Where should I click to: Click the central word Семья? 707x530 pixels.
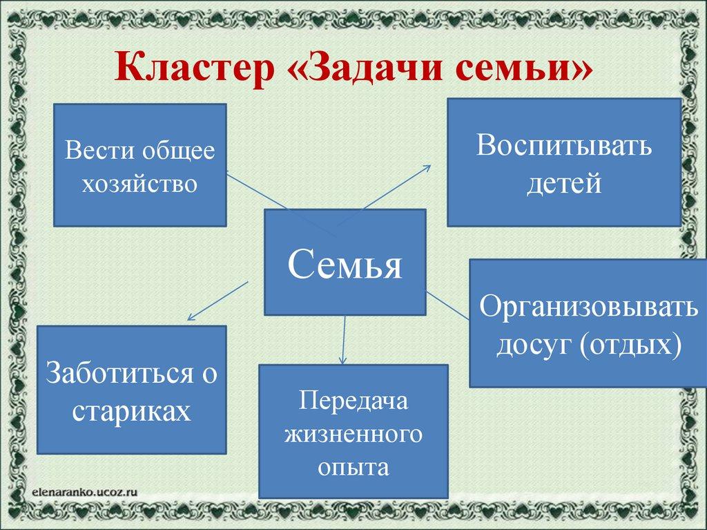pyautogui.click(x=345, y=263)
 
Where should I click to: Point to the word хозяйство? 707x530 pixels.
pyautogui.click(x=139, y=183)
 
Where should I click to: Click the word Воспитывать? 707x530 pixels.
pyautogui.click(x=563, y=146)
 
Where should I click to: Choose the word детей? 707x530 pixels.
pyautogui.click(x=563, y=184)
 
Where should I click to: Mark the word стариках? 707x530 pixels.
pyautogui.click(x=131, y=410)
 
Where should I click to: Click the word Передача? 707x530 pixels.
pyautogui.click(x=353, y=402)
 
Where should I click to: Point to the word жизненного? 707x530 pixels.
pyautogui.click(x=353, y=435)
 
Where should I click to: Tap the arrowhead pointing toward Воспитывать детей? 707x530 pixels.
pyautogui.click(x=427, y=167)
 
